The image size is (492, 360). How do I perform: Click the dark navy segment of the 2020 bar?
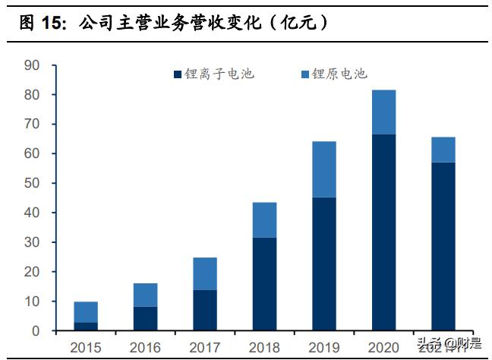tap(383, 232)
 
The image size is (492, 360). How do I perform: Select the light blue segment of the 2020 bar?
tap(383, 112)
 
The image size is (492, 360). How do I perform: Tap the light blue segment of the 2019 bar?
tap(324, 169)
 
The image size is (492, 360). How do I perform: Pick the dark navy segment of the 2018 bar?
tap(264, 284)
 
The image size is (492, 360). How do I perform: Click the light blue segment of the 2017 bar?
tap(204, 273)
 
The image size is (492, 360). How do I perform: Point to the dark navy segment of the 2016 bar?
tap(145, 318)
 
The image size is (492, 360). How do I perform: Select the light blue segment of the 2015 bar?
tap(86, 312)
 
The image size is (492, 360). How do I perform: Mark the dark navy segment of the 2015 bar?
tap(86, 327)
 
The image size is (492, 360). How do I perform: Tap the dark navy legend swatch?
tap(178, 74)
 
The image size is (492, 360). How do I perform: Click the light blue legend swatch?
tap(305, 74)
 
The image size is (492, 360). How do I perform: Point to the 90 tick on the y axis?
tap(32, 65)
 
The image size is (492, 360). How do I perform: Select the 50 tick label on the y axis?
tap(32, 184)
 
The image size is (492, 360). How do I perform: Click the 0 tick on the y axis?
tap(36, 331)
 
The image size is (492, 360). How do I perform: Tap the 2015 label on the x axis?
tap(86, 347)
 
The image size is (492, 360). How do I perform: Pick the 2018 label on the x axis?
tap(264, 347)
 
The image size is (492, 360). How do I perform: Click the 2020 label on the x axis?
tap(383, 347)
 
